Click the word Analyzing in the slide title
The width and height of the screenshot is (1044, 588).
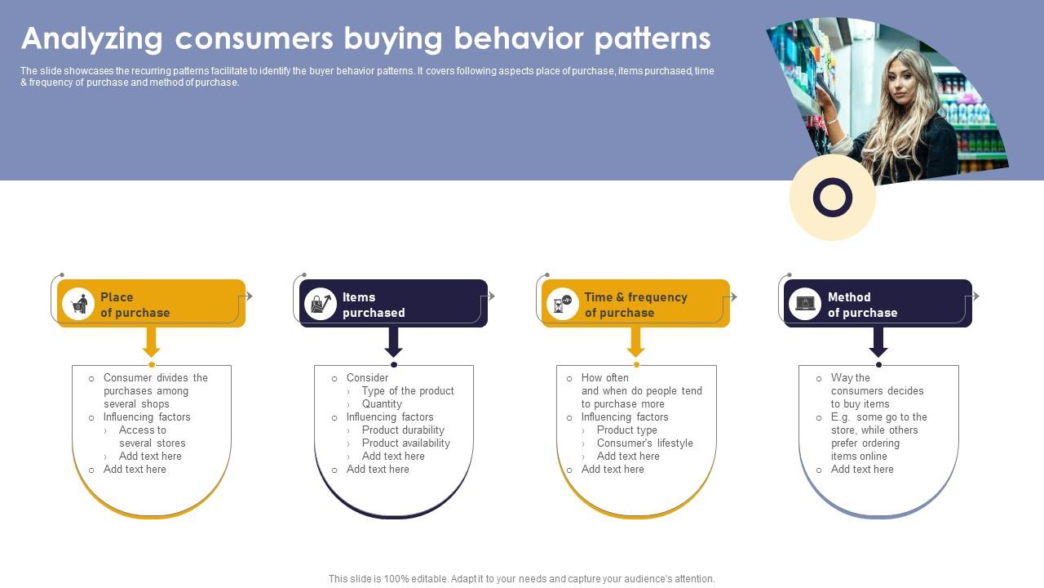click(x=92, y=39)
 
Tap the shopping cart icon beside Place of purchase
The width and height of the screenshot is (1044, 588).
click(x=79, y=305)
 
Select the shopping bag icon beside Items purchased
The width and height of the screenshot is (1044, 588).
click(x=321, y=304)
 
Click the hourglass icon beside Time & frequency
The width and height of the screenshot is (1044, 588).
click(x=562, y=304)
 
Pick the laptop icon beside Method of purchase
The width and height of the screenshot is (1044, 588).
click(x=805, y=303)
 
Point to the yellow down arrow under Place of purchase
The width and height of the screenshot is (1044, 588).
click(x=152, y=342)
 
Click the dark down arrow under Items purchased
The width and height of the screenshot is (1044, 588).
click(x=394, y=342)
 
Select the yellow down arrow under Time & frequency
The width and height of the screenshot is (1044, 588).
click(x=635, y=342)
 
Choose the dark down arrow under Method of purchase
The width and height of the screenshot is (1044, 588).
click(x=878, y=342)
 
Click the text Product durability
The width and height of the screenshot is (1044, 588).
click(x=403, y=430)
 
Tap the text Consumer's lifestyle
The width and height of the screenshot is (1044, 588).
click(x=645, y=443)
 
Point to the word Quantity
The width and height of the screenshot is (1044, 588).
click(x=382, y=403)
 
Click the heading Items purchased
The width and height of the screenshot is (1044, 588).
click(x=374, y=305)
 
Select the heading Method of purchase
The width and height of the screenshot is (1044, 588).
click(x=863, y=305)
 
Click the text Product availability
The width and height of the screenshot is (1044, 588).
click(x=406, y=443)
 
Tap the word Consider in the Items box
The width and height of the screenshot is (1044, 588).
click(x=367, y=377)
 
